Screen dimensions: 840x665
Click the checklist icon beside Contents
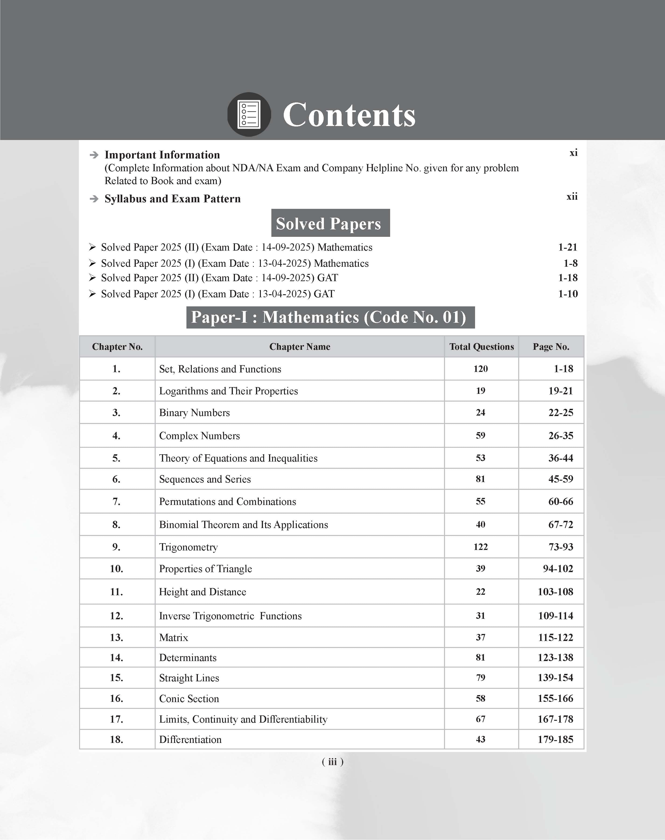[249, 114]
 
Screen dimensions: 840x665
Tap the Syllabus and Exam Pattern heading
[172, 199]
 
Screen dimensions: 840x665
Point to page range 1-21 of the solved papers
[567, 247]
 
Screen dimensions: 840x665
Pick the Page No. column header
[551, 346]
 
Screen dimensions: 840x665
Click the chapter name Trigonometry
[189, 547]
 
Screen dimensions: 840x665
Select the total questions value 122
[480, 547]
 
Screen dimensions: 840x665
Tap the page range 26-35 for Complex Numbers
[561, 436]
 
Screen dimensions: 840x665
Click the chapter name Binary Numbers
[194, 413]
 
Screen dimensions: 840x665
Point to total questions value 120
[480, 369]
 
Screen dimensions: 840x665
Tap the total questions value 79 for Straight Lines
[480, 678]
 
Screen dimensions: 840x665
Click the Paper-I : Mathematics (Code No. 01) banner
[330, 317]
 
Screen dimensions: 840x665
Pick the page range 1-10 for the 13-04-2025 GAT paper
[568, 294]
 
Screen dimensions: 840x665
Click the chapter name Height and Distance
[203, 592]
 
